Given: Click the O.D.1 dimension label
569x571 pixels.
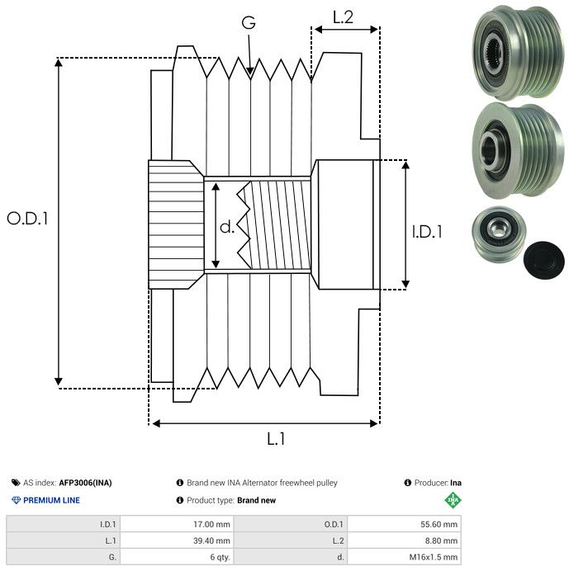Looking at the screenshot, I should pos(28,219).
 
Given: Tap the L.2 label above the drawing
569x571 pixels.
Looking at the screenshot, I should pos(343,17).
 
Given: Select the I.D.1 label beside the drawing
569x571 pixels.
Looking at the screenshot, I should pos(427,233).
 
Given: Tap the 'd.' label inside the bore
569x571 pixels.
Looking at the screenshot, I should pos(227,227).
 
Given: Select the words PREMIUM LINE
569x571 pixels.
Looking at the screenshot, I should pos(52,500).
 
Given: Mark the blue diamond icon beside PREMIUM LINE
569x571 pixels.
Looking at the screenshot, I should pos(16,500).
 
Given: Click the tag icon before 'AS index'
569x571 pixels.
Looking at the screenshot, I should pos(16,483).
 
